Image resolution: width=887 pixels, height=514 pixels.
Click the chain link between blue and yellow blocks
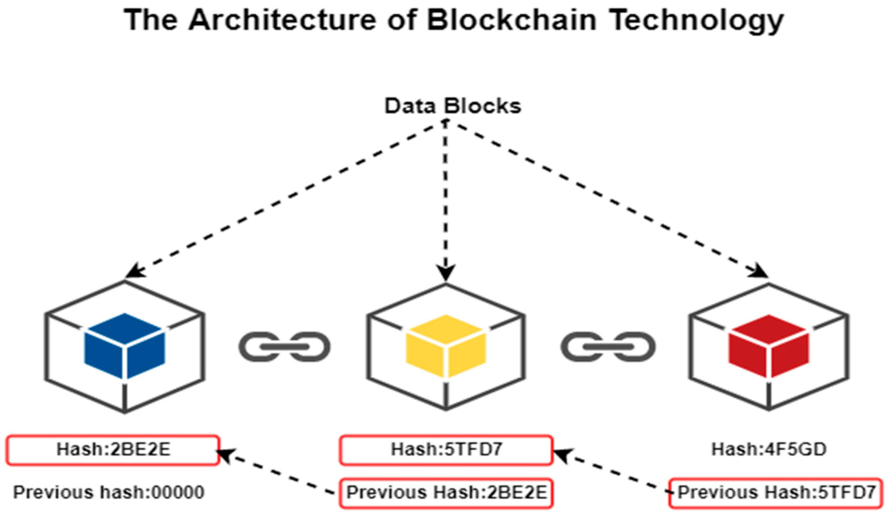pyautogui.click(x=284, y=347)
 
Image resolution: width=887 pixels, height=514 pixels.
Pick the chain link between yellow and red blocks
pyautogui.click(x=608, y=347)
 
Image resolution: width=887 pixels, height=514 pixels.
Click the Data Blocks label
pyautogui.click(x=453, y=106)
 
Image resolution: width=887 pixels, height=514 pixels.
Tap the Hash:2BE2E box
pyautogui.click(x=113, y=450)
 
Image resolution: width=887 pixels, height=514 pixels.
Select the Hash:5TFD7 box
pyautogui.click(x=446, y=450)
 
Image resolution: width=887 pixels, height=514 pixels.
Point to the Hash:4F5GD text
pyautogui.click(x=769, y=449)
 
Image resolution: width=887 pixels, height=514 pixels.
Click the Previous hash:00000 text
pyautogui.click(x=109, y=492)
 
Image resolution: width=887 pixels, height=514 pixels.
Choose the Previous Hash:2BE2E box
pyautogui.click(x=446, y=493)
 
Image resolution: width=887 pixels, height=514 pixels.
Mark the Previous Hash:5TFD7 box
pyautogui.click(x=776, y=493)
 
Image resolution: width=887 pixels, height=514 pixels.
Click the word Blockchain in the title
pyautogui.click(x=511, y=20)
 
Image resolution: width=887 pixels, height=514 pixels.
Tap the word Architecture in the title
pyautogui.click(x=282, y=20)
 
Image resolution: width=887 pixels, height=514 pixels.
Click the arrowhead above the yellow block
pyautogui.click(x=446, y=273)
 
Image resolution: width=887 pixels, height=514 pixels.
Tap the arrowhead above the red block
pyautogui.click(x=760, y=272)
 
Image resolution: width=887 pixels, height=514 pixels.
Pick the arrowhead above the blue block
pyautogui.click(x=135, y=271)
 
